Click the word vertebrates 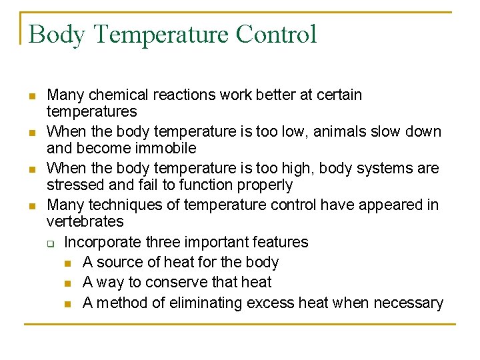85,221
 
